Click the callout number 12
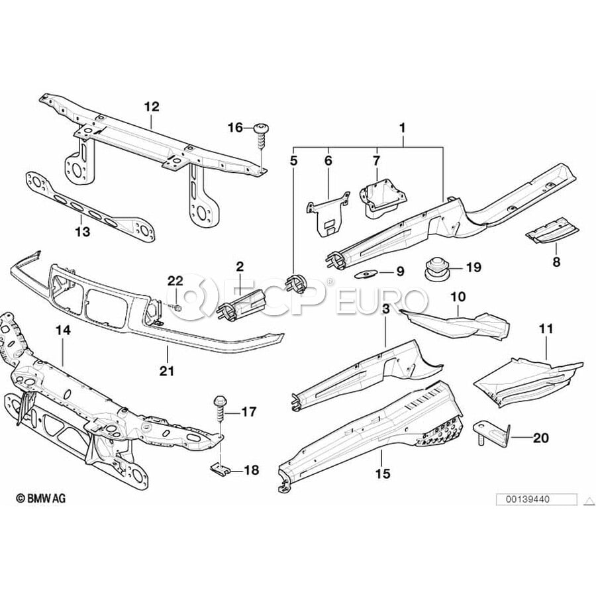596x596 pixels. (x=151, y=107)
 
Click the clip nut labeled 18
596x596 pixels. (x=220, y=468)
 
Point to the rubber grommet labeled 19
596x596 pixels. (x=436, y=269)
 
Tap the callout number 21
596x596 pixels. (x=167, y=370)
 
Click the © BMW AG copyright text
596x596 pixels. (x=40, y=498)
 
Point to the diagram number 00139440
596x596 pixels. (x=527, y=499)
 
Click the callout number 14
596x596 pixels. (x=63, y=330)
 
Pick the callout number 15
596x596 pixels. (x=383, y=473)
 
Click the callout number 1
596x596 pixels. (x=403, y=128)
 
